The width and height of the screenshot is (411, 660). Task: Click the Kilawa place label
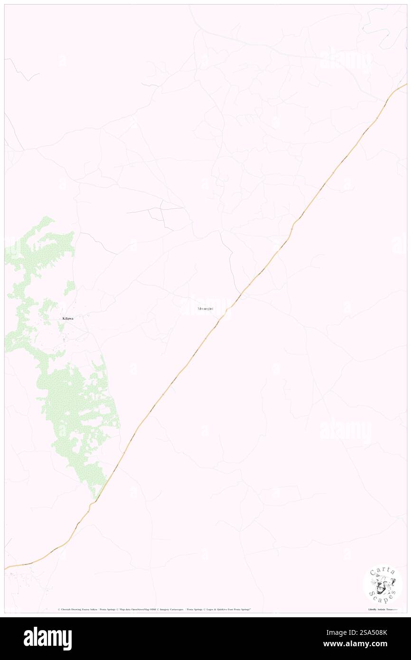click(68, 318)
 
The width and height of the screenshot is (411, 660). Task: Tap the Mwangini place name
click(205, 309)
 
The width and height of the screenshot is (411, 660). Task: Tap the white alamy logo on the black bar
click(48, 638)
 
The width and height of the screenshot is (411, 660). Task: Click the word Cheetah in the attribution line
click(66, 609)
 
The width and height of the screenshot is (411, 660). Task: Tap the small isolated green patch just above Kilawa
click(69, 287)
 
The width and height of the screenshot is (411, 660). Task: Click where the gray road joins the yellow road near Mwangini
click(238, 294)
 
